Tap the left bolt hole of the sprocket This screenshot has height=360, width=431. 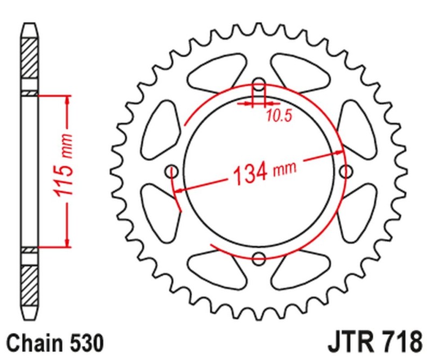pos(173,172)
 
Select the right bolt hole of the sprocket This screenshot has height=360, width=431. pos(346,171)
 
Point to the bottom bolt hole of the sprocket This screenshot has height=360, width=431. pos(259,258)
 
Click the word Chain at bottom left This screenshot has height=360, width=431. pos(33,342)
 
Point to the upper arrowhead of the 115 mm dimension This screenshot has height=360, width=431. pos(67,100)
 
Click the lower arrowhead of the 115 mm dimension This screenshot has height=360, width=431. pos(67,243)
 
